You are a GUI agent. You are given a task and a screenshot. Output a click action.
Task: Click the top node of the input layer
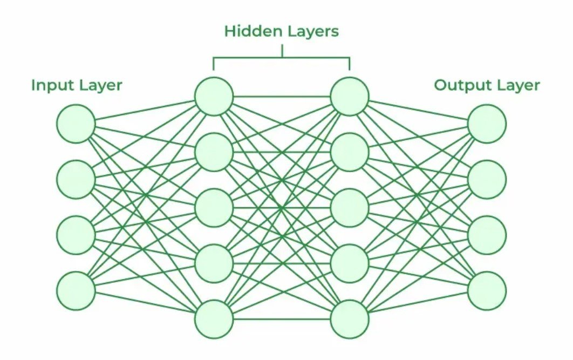(x=76, y=124)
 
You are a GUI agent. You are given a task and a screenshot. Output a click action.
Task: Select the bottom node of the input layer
(x=76, y=290)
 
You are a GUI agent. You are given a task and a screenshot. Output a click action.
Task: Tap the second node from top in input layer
(x=76, y=179)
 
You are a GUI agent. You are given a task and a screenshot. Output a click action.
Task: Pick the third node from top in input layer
(x=76, y=235)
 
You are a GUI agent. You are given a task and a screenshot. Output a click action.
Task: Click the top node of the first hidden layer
(x=214, y=97)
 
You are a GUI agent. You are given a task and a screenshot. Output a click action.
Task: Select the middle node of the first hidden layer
(x=214, y=207)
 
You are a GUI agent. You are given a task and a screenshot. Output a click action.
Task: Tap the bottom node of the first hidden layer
(x=214, y=318)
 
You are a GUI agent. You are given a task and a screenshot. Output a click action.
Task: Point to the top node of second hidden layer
(x=349, y=97)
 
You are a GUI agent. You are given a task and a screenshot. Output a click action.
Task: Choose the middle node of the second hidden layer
(x=349, y=207)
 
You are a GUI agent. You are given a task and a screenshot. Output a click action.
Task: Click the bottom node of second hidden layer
(x=349, y=318)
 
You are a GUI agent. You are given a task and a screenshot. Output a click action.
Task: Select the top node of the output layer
(x=487, y=124)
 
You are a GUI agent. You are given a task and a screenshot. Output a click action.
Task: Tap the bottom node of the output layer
(x=487, y=290)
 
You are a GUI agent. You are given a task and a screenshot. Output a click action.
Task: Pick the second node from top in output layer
(x=487, y=179)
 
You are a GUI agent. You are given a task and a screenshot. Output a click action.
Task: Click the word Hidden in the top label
(x=247, y=31)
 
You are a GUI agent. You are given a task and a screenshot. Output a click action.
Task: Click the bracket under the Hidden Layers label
(x=282, y=58)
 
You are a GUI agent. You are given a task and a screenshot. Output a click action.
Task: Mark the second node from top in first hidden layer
(x=214, y=152)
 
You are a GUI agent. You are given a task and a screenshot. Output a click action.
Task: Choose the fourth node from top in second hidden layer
(x=349, y=263)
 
